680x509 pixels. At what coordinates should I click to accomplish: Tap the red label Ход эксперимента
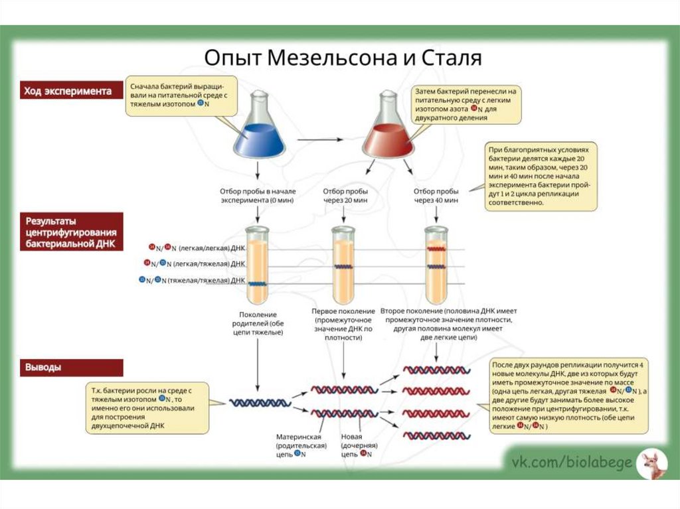[68, 91]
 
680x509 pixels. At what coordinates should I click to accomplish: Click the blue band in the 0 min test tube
[257, 283]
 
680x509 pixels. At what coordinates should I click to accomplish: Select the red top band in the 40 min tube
[436, 250]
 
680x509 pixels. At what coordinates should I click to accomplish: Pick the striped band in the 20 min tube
[343, 267]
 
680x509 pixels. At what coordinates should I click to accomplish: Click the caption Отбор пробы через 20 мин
[343, 195]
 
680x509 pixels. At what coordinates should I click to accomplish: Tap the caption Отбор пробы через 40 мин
[436, 195]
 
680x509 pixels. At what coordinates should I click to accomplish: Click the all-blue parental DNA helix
[260, 402]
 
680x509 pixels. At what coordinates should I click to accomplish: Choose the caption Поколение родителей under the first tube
[258, 323]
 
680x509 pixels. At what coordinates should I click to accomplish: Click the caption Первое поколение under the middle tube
[343, 324]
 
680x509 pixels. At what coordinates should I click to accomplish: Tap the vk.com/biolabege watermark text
[570, 462]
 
